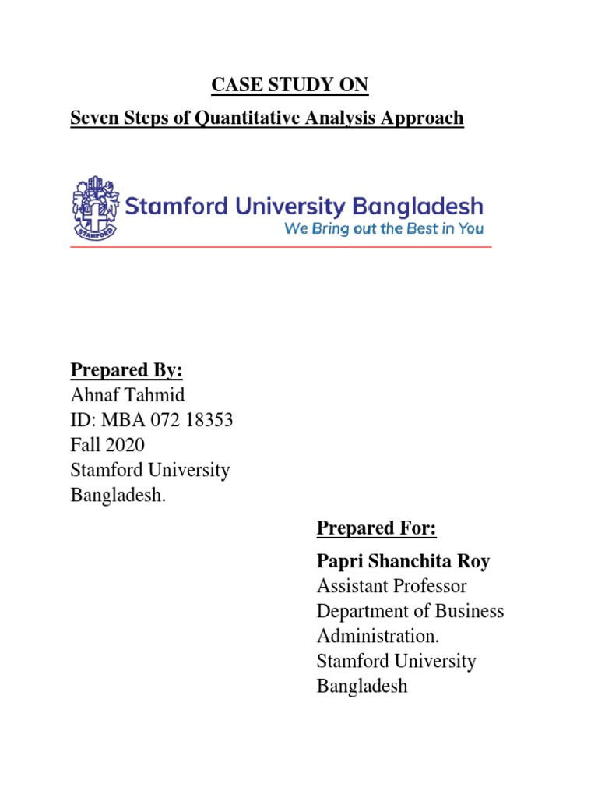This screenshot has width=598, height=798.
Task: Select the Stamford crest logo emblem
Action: [x=95, y=207]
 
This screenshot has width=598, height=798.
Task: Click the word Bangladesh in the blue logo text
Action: [x=417, y=207]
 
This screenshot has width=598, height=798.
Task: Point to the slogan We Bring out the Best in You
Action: [x=383, y=229]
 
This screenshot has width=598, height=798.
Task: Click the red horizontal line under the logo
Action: [x=280, y=247]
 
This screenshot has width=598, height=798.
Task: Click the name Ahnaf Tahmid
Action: [x=128, y=396]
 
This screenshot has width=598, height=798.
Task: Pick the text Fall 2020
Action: [x=107, y=446]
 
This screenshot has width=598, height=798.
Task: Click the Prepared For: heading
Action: [x=377, y=528]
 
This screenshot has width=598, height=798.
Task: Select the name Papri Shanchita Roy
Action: [x=403, y=561]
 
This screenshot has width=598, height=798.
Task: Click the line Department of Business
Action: [x=410, y=611]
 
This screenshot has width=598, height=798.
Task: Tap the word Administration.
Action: [x=378, y=636]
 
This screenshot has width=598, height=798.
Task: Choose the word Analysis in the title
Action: [x=339, y=118]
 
